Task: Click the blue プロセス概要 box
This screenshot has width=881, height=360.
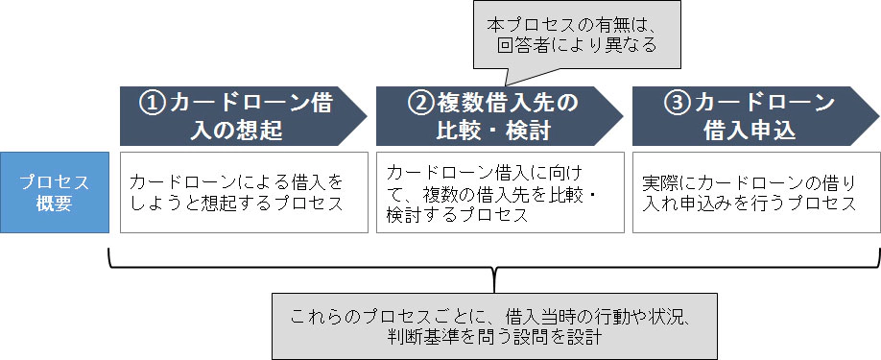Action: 55,191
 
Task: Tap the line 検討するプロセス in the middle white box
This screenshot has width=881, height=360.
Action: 457,215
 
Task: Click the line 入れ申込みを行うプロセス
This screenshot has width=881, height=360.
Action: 748,203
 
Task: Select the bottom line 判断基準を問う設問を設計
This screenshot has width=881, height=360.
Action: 494,337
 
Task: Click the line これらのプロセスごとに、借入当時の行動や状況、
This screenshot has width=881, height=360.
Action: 494,316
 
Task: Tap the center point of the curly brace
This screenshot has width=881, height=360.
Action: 494,278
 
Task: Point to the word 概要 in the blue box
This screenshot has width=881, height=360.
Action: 55,203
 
